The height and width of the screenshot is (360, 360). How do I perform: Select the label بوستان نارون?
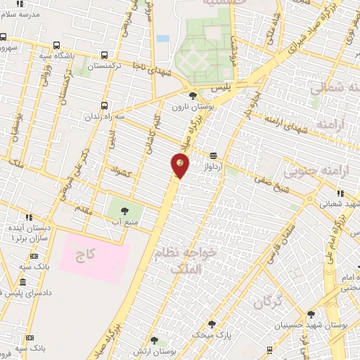point(192,106)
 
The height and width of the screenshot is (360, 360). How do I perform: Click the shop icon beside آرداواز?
point(212,155)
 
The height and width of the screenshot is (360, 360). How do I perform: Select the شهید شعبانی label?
point(335,205)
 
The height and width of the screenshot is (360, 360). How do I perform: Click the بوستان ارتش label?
point(180,349)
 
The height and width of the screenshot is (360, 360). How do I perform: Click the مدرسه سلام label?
point(20,14)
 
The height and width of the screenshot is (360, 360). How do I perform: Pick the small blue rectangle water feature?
point(163,38)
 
